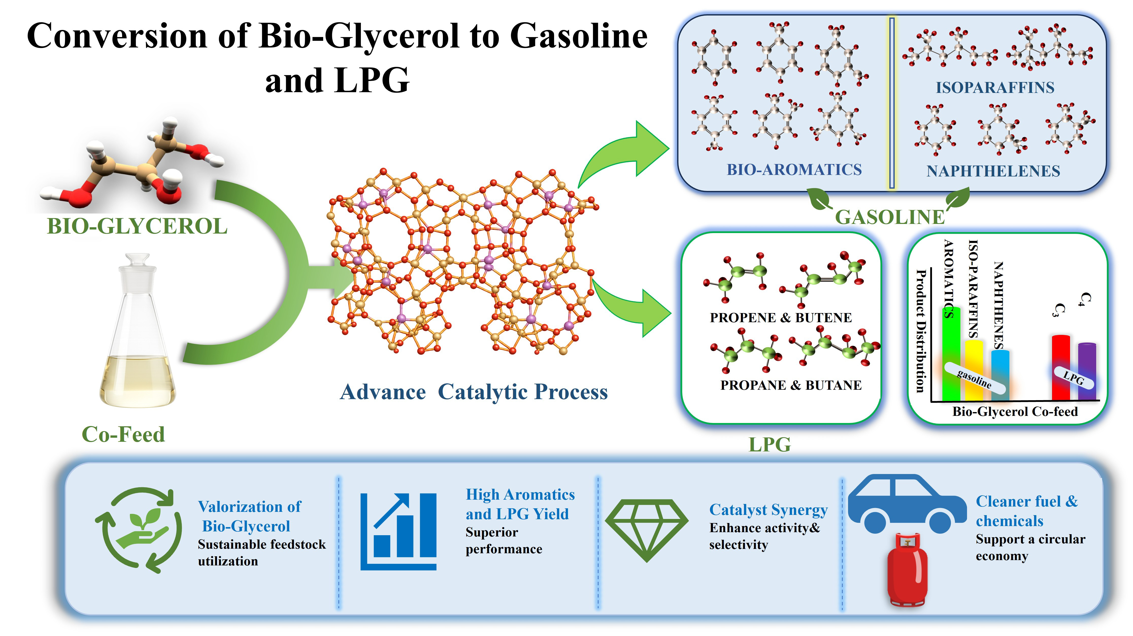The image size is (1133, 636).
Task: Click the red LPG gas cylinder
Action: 907,570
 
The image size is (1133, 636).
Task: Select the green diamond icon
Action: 646,530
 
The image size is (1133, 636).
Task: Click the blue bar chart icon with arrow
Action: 398,531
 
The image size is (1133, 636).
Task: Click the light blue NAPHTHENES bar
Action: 1000,375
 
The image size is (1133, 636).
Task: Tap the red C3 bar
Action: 1060,368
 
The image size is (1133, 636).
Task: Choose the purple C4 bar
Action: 1087,372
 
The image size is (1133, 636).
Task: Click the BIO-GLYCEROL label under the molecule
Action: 137,226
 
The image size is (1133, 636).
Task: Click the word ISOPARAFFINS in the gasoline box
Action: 995,88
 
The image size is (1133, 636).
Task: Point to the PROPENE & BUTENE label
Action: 781,318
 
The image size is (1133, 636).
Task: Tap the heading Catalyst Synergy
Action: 768,510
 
